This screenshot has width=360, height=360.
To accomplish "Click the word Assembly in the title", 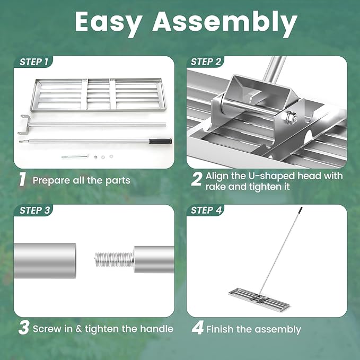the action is coord(225,22).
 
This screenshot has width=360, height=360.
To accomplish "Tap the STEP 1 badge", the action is coord(34,62).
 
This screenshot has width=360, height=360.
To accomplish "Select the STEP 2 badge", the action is coord(206,62).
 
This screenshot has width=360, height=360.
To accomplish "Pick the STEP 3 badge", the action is coord(34,210).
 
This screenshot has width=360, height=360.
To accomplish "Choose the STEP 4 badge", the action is coord(206,210).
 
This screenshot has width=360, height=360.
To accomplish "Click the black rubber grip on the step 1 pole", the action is coord(161,141).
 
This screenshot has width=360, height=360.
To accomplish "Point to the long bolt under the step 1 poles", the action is coord(75,156).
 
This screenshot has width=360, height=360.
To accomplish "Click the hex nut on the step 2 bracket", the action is coord(292,118).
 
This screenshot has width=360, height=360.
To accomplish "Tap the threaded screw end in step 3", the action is coord(114,259).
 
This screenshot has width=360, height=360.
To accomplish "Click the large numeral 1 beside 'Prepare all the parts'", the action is coord(22,179).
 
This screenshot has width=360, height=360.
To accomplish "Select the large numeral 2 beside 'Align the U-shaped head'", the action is coord(197,179).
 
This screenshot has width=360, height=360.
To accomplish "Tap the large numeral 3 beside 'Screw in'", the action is coord(24,328).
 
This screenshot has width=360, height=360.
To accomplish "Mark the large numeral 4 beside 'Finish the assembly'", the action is coord(197,328).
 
